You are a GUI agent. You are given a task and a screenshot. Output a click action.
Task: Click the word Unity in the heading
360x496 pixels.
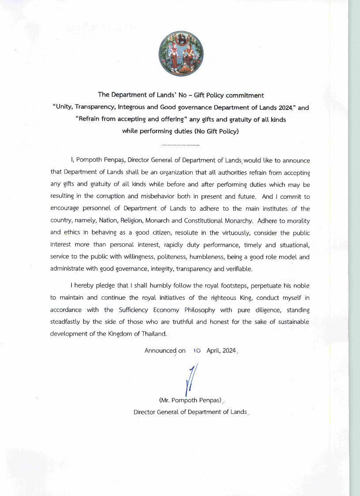(x=65, y=107)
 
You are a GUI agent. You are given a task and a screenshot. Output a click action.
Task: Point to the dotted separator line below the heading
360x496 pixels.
(x=181, y=145)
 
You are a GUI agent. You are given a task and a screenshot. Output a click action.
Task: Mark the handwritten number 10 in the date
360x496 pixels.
(x=197, y=351)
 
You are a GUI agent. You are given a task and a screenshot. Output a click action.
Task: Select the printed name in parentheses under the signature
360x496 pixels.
(x=190, y=400)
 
